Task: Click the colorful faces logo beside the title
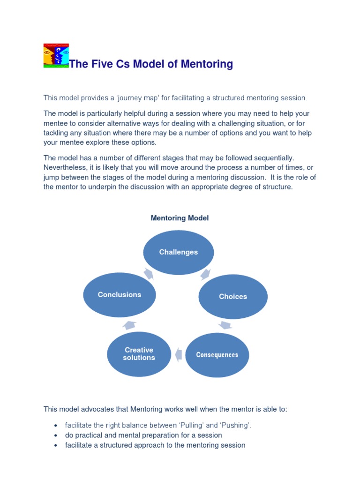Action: coord(56,56)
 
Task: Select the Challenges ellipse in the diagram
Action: coord(179,252)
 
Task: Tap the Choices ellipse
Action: coord(233,297)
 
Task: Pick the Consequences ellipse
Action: coord(217,355)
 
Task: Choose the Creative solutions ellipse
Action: coord(139,354)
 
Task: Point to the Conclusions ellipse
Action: coord(120,295)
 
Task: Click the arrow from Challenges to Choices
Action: coord(205,273)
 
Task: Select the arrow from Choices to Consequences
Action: coord(225,325)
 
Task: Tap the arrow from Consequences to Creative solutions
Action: coord(178,354)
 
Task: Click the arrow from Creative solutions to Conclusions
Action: coord(129,325)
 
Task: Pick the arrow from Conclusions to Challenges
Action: coord(149,273)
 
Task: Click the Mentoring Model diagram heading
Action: coord(180,218)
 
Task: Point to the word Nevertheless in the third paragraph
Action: coord(66,167)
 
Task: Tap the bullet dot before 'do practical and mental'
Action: coord(56,435)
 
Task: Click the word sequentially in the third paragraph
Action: coord(274,158)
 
